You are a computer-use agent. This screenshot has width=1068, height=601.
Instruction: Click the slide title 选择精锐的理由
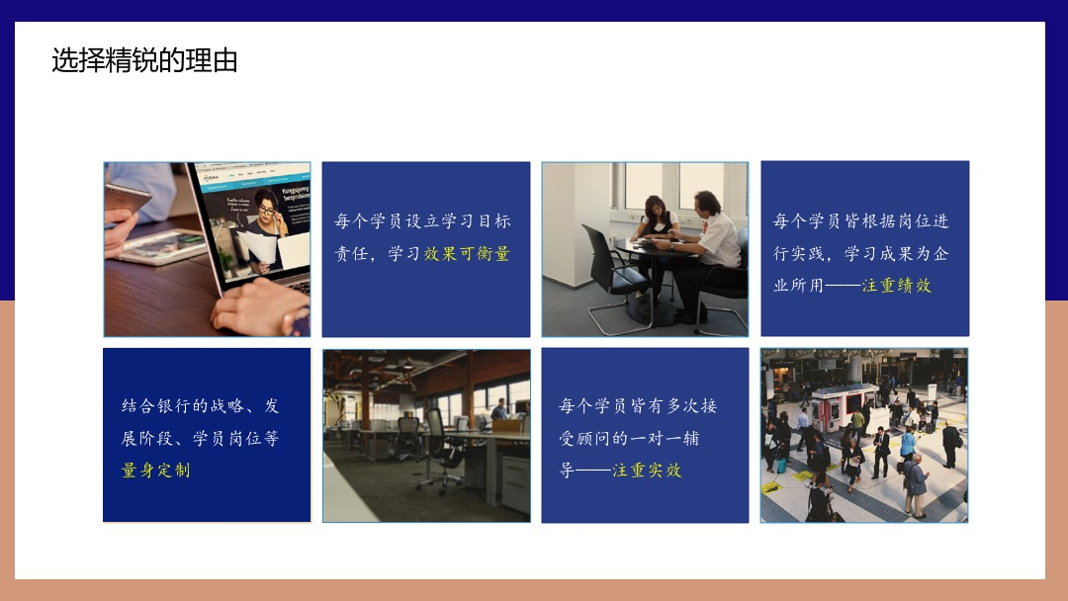coord(144,60)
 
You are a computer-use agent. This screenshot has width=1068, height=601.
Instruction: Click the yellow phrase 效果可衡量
coord(467,254)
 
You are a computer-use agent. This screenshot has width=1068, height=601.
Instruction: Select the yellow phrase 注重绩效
coord(896,286)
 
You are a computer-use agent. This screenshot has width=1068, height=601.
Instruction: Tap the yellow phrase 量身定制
coord(156,471)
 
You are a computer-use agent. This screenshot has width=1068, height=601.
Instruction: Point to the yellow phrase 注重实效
coord(647,471)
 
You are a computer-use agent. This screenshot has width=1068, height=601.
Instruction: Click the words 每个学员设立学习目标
coord(422,221)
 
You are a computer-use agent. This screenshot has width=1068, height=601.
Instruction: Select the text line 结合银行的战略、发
coord(200,406)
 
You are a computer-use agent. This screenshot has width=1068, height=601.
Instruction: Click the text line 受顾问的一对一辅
coord(629,438)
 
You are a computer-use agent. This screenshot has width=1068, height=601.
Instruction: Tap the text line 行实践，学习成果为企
coord(861,254)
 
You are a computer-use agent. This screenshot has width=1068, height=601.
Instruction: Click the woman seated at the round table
coord(654,235)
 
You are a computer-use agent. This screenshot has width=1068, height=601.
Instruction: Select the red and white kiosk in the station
coord(842,407)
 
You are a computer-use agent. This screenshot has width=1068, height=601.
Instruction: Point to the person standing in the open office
coord(500,409)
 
